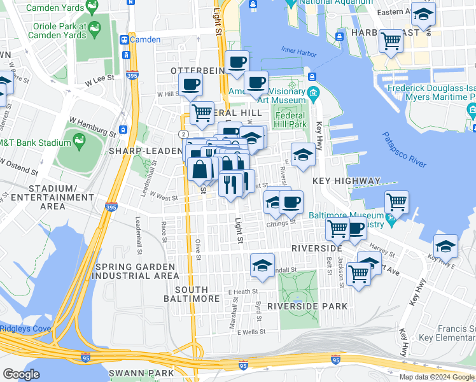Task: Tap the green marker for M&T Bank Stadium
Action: click(x=80, y=139)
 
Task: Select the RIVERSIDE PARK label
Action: click(x=307, y=306)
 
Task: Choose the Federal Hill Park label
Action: click(x=290, y=120)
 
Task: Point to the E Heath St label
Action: click(x=242, y=292)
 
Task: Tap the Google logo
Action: click(x=22, y=375)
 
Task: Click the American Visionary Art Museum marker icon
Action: click(x=313, y=95)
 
